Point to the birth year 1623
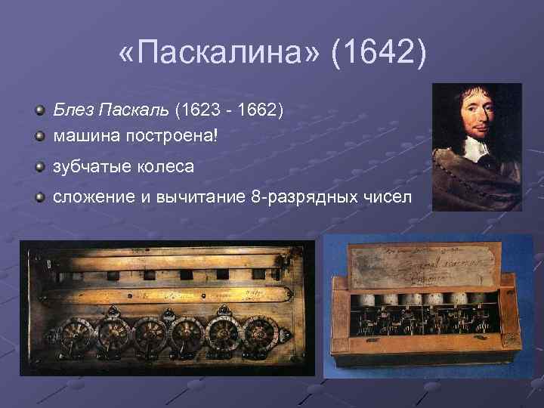[x=198, y=112]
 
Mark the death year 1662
[x=259, y=112]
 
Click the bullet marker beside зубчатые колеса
[x=39, y=167]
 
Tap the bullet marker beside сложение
[x=39, y=197]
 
